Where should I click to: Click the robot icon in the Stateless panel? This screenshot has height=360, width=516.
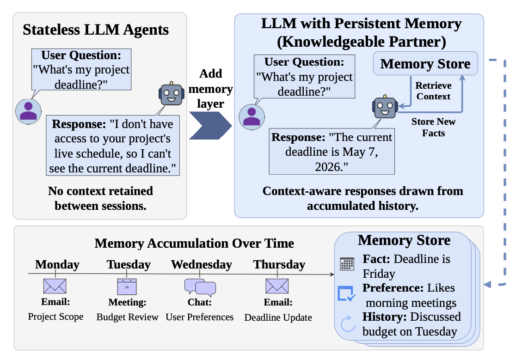click(x=171, y=94)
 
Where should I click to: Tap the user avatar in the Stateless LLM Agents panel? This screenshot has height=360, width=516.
click(x=28, y=111)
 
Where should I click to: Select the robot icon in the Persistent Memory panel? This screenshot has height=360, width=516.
click(x=385, y=107)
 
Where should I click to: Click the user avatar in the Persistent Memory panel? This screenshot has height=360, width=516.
click(x=252, y=117)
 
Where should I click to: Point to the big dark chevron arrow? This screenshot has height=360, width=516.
click(x=210, y=126)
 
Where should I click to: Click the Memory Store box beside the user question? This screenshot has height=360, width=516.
click(x=425, y=63)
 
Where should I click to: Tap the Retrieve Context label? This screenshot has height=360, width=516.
click(x=433, y=91)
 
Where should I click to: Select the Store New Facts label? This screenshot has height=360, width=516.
click(x=433, y=127)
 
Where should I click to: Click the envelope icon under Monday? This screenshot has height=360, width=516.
click(x=55, y=286)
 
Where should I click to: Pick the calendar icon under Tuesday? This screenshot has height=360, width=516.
click(x=127, y=287)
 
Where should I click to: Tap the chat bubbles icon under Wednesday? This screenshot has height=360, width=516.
click(x=200, y=287)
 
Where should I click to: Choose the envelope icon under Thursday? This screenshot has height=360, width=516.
click(x=277, y=286)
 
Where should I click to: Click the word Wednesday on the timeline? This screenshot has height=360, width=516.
click(x=202, y=264)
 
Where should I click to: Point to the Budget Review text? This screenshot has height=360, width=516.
click(x=127, y=317)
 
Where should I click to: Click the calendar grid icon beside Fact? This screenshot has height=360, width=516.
click(x=347, y=264)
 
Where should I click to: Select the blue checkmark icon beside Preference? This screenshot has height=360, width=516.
click(x=347, y=293)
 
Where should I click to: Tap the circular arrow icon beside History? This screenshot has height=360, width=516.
click(x=348, y=324)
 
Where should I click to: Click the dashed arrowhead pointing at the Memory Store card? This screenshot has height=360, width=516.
click(x=487, y=284)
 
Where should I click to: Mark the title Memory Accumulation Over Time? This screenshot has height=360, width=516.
click(x=194, y=243)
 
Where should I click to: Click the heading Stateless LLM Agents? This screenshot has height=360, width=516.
click(x=96, y=30)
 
